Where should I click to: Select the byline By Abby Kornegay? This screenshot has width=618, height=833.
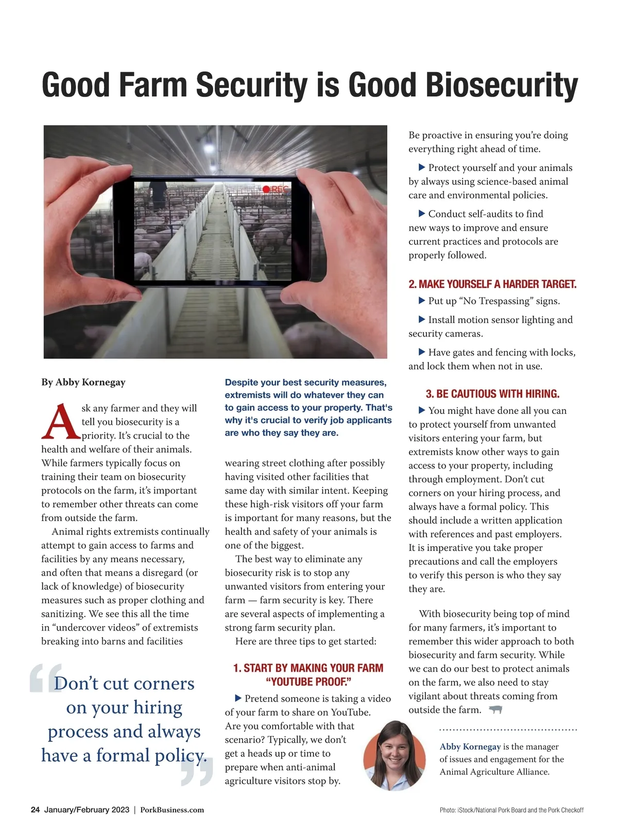[x=83, y=382]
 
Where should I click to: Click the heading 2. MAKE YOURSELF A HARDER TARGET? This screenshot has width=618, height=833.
[x=492, y=284]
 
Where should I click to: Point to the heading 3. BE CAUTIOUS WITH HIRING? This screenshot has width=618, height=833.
[x=492, y=394]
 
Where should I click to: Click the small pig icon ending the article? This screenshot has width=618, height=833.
[x=495, y=710]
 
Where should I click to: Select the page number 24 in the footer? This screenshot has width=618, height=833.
[x=35, y=810]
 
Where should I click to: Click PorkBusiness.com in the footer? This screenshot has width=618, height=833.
[x=172, y=810]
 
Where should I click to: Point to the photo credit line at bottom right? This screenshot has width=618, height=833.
[x=511, y=810]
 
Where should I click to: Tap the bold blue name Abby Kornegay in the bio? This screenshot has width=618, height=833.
[x=470, y=747]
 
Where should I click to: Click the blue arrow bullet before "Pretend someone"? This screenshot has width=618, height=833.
[x=238, y=698]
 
